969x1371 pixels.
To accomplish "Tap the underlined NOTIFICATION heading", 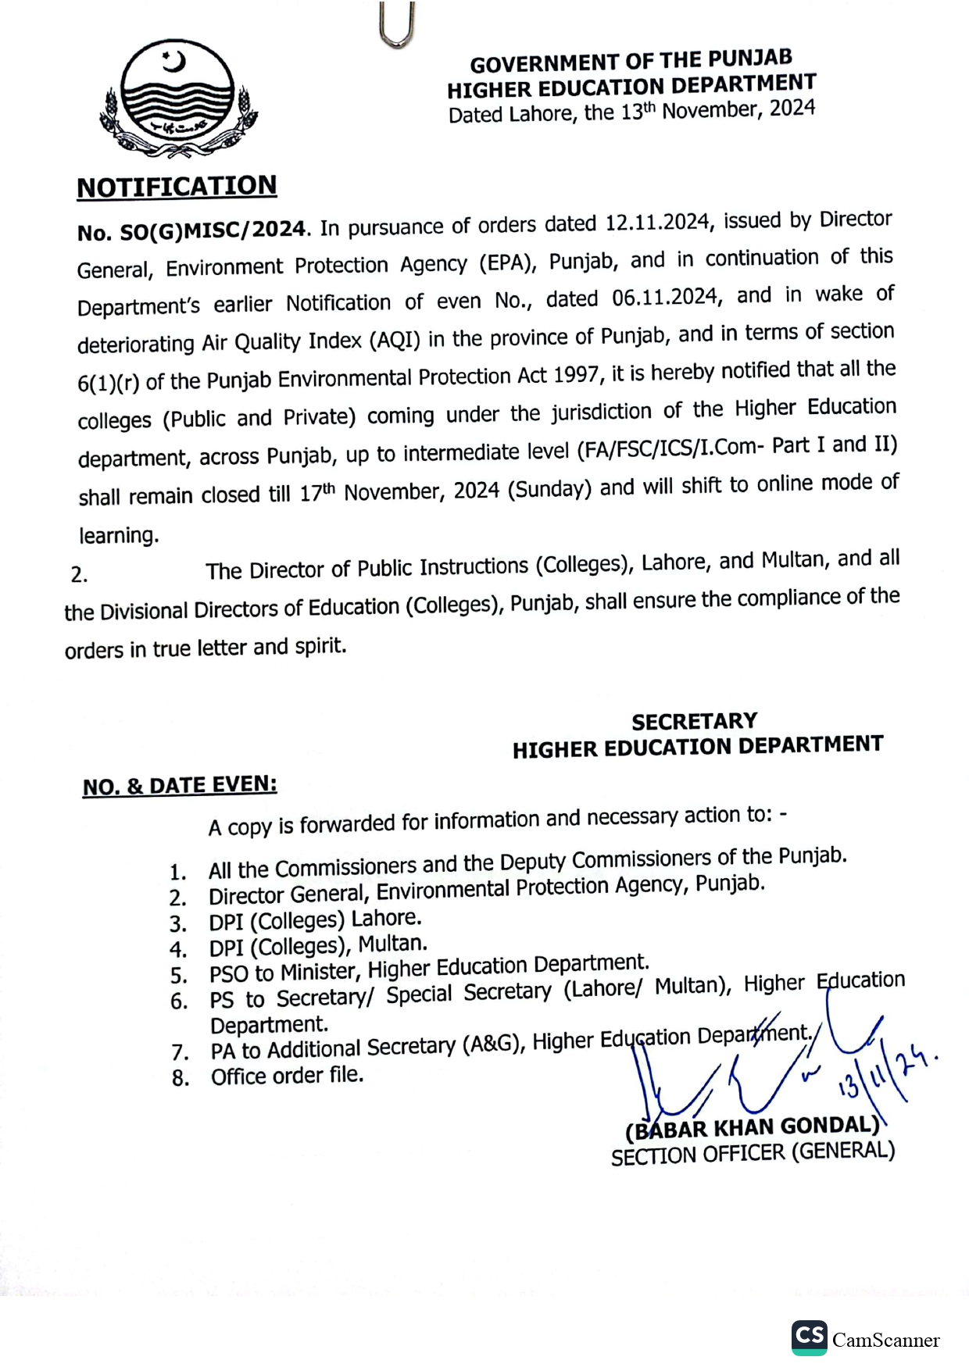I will point(177,187).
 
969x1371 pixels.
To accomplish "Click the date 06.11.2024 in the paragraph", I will point(665,298).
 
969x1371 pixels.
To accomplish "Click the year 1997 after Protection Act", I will point(577,375).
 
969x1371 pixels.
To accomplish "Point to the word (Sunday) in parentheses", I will point(549,489).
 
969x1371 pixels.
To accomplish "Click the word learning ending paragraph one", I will point(119,536).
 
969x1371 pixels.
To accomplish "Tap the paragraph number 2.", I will point(79,575).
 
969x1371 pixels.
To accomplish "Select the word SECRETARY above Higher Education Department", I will point(695,721).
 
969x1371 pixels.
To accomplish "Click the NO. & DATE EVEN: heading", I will point(180,785).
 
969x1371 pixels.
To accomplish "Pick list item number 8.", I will point(181,1079).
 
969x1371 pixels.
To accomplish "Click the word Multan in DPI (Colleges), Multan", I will point(392,944).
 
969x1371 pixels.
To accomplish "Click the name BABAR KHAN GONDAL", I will point(753,1127).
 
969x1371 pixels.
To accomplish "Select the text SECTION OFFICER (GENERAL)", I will point(753,1153).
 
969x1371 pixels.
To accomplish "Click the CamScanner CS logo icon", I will point(809,1337).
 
